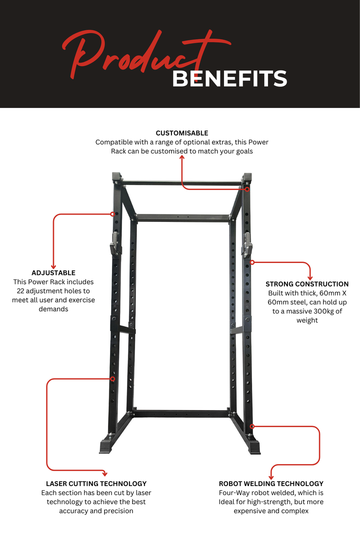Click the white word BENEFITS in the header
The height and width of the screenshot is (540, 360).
(229, 79)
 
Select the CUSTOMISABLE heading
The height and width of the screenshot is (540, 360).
(182, 133)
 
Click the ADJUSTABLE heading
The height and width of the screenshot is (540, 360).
(53, 273)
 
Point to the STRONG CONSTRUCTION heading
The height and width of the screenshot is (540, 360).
(307, 284)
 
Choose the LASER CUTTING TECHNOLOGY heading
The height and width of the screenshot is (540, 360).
(96, 483)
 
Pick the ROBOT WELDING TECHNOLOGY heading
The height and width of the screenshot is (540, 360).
(271, 483)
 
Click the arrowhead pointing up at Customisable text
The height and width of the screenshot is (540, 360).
(182, 157)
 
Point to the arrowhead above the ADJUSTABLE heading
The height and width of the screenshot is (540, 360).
(53, 266)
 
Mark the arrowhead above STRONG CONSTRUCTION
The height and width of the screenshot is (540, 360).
(310, 277)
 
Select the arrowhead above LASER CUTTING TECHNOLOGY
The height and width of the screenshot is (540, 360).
(104, 473)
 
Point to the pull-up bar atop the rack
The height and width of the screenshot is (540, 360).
(181, 183)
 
